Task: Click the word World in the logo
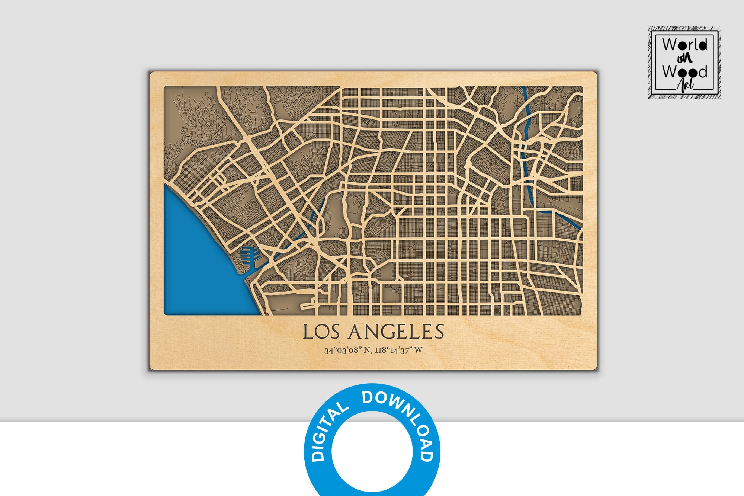click(684, 45)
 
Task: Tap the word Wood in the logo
click(684, 71)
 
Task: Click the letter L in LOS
click(307, 331)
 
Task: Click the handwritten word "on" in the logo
click(684, 58)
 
